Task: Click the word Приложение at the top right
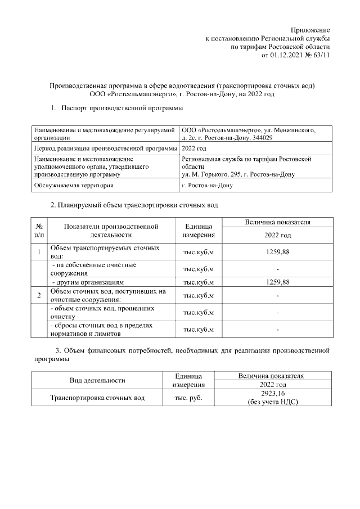(x=310, y=29)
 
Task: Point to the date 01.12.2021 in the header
(x=288, y=55)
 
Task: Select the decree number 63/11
(x=321, y=55)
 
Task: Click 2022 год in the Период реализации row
(x=194, y=148)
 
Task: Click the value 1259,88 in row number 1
(x=277, y=252)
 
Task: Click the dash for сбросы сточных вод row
(x=277, y=329)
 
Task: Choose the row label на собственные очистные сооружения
(x=93, y=268)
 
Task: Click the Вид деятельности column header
(x=97, y=381)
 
